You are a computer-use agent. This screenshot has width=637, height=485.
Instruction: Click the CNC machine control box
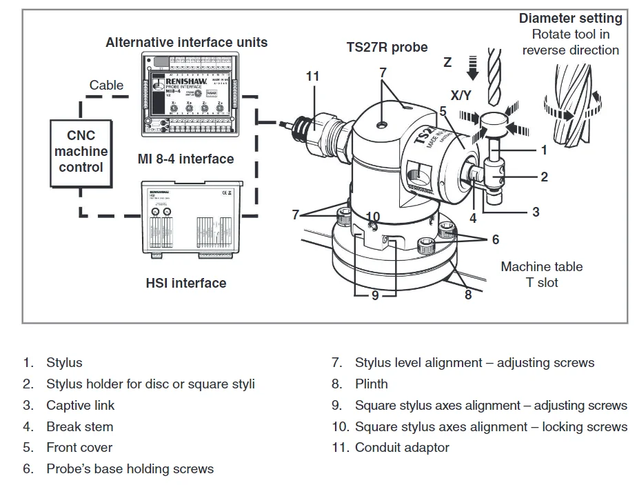click(x=81, y=152)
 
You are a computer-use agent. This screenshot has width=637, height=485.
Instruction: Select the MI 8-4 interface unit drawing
click(x=185, y=94)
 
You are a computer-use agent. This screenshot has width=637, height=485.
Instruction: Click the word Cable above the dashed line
click(x=106, y=86)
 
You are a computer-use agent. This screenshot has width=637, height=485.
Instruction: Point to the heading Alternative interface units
click(x=186, y=43)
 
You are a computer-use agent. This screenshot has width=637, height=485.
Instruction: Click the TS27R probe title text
click(x=387, y=48)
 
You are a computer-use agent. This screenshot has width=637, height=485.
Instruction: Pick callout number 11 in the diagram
click(x=313, y=76)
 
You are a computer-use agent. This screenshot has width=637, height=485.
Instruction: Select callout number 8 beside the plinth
click(x=468, y=295)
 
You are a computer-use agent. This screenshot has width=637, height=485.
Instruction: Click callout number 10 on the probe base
click(x=373, y=217)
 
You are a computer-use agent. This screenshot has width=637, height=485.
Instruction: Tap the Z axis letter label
click(x=447, y=63)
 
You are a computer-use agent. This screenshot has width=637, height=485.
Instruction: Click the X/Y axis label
click(x=461, y=95)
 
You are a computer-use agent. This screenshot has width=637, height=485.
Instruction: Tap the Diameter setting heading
click(x=570, y=19)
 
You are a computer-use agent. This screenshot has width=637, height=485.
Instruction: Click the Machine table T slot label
click(x=541, y=274)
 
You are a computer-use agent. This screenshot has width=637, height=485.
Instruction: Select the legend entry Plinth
click(x=371, y=384)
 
